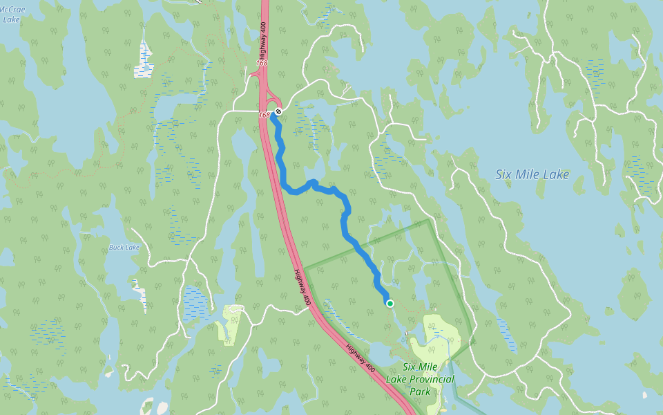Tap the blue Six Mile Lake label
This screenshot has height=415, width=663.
pyautogui.click(x=532, y=175)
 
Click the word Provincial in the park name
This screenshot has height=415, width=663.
pyautogui.click(x=430, y=379)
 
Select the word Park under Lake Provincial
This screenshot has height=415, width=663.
pyautogui.click(x=419, y=391)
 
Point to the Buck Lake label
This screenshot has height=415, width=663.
pyautogui.click(x=124, y=248)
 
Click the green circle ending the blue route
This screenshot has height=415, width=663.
pyautogui.click(x=390, y=304)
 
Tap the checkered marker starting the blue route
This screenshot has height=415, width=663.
pyautogui.click(x=278, y=111)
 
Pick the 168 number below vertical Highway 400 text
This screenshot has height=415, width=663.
pyautogui.click(x=261, y=63)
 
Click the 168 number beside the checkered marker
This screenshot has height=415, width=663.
pyautogui.click(x=265, y=115)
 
